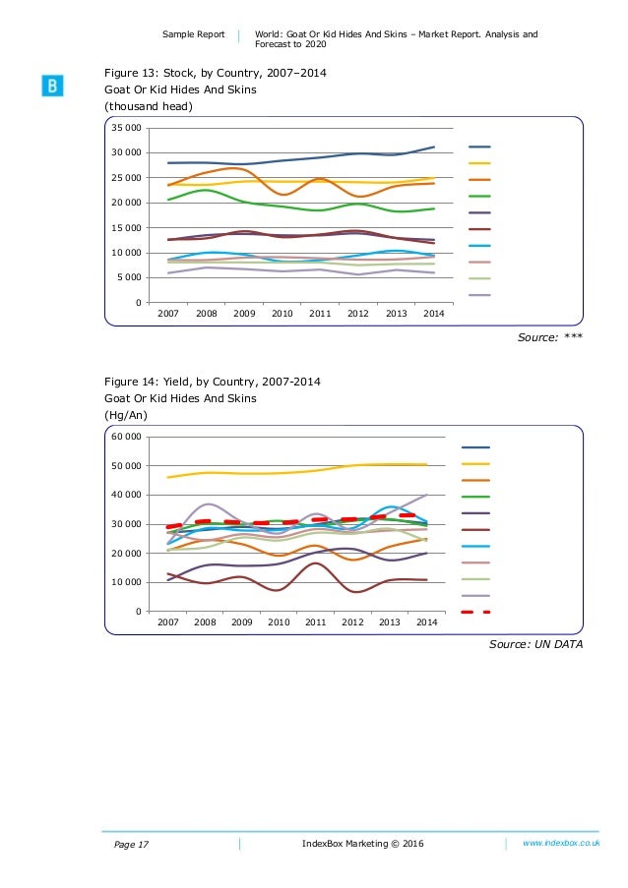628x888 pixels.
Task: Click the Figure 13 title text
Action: pyautogui.click(x=216, y=74)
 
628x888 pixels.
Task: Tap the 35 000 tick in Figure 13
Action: pyautogui.click(x=125, y=129)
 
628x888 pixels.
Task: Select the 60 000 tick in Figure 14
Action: pyautogui.click(x=125, y=437)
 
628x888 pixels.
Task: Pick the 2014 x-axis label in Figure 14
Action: pyautogui.click(x=426, y=622)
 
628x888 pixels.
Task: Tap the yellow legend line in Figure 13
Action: pyautogui.click(x=478, y=163)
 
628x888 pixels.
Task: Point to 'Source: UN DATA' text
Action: pyautogui.click(x=535, y=645)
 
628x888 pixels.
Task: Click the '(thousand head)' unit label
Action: pyautogui.click(x=150, y=106)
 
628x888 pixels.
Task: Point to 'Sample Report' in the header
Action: pyautogui.click(x=194, y=34)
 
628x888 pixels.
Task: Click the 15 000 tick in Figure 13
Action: pyautogui.click(x=125, y=228)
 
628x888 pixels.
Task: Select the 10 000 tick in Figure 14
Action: pyautogui.click(x=125, y=583)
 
